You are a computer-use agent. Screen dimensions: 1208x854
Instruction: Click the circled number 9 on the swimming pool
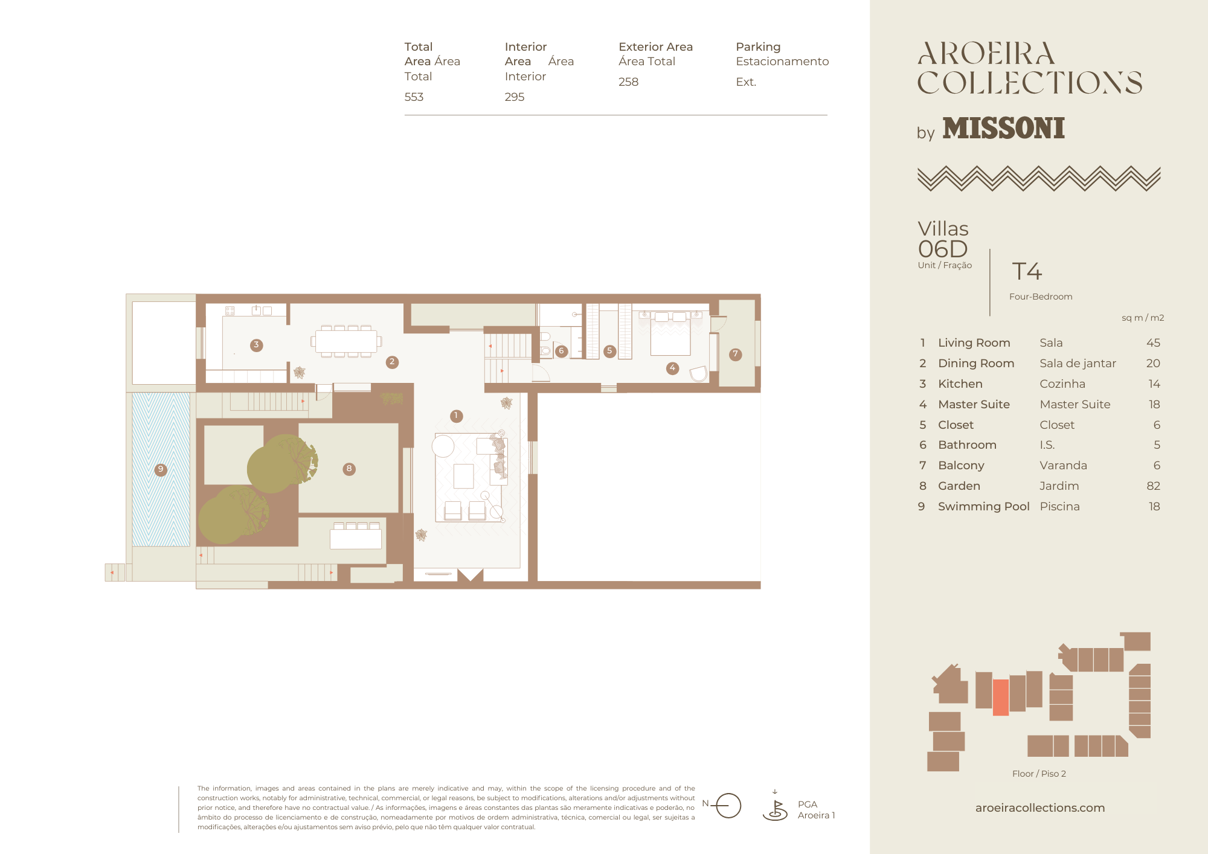pyautogui.click(x=161, y=469)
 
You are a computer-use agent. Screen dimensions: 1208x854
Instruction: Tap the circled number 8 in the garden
pyautogui.click(x=349, y=469)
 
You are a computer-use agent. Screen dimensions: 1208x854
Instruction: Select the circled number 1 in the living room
pyautogui.click(x=457, y=416)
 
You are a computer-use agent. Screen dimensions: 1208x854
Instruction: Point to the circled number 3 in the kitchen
pyautogui.click(x=257, y=345)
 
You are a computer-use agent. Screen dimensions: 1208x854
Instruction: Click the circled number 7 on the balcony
pyautogui.click(x=735, y=355)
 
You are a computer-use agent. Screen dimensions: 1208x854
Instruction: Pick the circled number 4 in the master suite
pyautogui.click(x=673, y=368)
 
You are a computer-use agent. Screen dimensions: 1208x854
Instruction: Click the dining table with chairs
pyautogui.click(x=346, y=341)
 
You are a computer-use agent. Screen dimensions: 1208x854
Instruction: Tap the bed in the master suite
pyautogui.click(x=670, y=334)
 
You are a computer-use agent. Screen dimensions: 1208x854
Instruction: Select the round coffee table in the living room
pyautogui.click(x=443, y=446)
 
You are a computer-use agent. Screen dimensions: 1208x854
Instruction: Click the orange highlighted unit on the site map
pyautogui.click(x=1001, y=698)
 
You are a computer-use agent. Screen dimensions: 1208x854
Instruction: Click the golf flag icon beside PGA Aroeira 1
pyautogui.click(x=775, y=806)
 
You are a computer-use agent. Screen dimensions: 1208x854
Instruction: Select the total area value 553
pyautogui.click(x=414, y=97)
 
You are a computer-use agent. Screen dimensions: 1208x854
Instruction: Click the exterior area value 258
pyautogui.click(x=629, y=82)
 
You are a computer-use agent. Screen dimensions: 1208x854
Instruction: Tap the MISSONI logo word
pyautogui.click(x=1004, y=128)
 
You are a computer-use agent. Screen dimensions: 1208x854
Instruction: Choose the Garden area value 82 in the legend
pyautogui.click(x=1154, y=486)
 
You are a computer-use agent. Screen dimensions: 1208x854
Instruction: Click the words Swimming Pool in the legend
pyautogui.click(x=984, y=506)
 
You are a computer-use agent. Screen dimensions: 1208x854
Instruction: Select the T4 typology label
pyautogui.click(x=1027, y=271)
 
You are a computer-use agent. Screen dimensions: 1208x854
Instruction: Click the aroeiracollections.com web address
pyautogui.click(x=1040, y=807)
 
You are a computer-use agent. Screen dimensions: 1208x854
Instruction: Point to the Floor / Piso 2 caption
pyautogui.click(x=1039, y=774)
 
